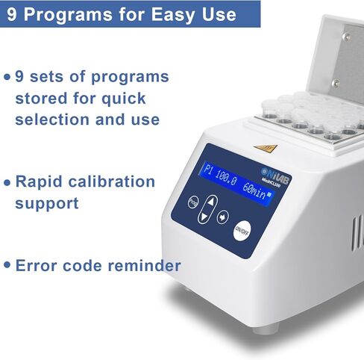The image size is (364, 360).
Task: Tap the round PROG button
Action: click(x=192, y=202)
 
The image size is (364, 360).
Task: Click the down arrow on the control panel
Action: click(x=210, y=218)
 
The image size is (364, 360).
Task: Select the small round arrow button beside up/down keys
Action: click(x=222, y=218)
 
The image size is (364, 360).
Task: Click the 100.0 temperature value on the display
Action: click(x=222, y=181)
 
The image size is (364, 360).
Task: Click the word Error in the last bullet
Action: click(x=37, y=265)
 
